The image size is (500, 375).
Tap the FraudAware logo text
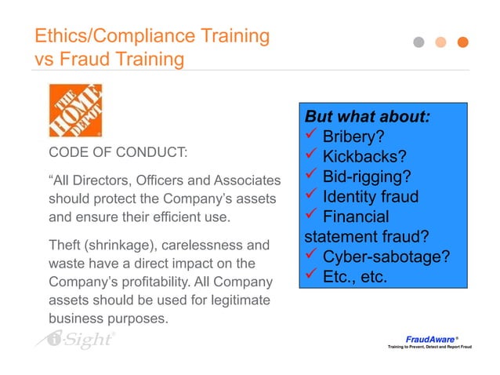[429, 339]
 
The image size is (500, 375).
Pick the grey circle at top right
[419, 42]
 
